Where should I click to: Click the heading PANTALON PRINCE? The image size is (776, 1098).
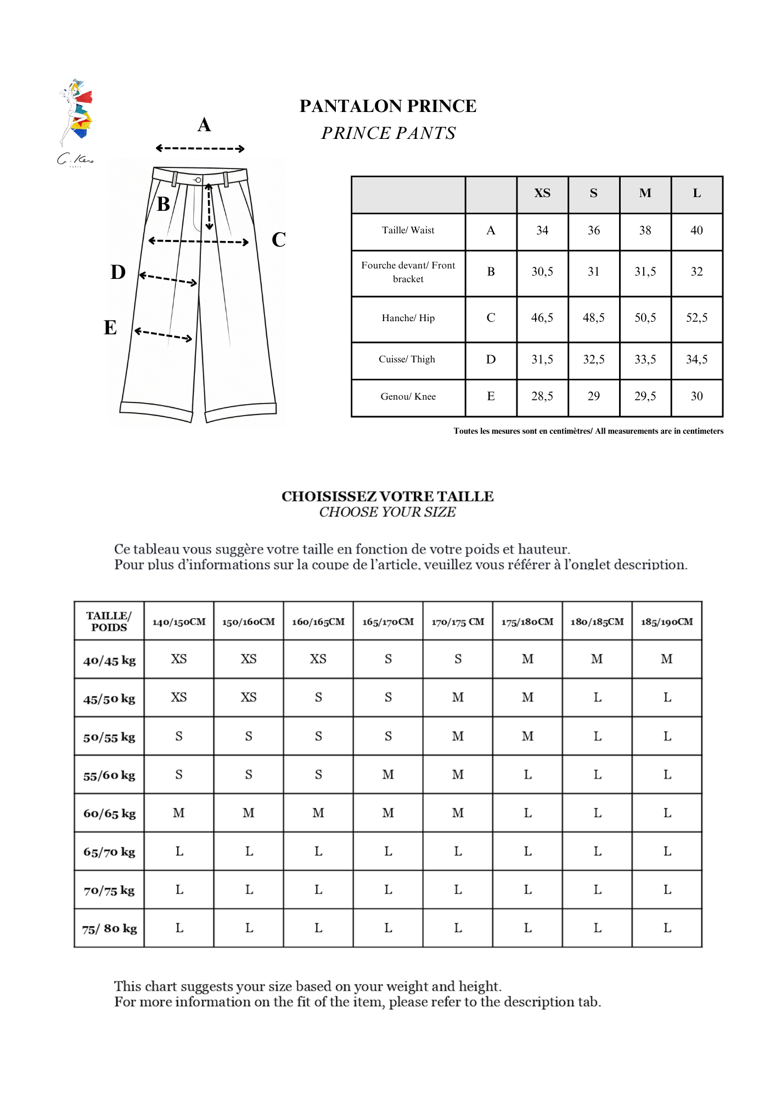[387, 106]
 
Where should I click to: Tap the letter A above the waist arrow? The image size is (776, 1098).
[204, 125]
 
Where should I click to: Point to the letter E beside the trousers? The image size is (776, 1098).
[110, 328]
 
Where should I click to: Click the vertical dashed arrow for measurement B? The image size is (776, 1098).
[209, 207]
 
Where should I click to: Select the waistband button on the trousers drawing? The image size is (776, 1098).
[198, 180]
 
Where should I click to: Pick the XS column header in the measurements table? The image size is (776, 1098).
[542, 193]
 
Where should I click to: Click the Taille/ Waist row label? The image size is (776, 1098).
[408, 231]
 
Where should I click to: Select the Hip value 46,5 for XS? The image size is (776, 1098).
[542, 318]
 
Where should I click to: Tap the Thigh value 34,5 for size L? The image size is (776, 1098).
[696, 360]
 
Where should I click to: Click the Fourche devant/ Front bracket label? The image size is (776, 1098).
[408, 272]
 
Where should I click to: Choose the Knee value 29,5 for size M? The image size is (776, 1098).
[645, 396]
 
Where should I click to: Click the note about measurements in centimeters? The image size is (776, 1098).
[588, 431]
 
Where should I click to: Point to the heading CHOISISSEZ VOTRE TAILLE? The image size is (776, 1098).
[387, 496]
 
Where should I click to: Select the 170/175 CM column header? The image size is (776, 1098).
[458, 622]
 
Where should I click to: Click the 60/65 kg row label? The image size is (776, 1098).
[109, 814]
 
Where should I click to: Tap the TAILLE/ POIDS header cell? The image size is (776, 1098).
[109, 621]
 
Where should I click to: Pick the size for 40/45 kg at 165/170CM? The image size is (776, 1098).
[388, 659]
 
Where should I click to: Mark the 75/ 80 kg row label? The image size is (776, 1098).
[109, 928]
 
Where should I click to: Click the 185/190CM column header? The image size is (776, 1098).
[667, 622]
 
